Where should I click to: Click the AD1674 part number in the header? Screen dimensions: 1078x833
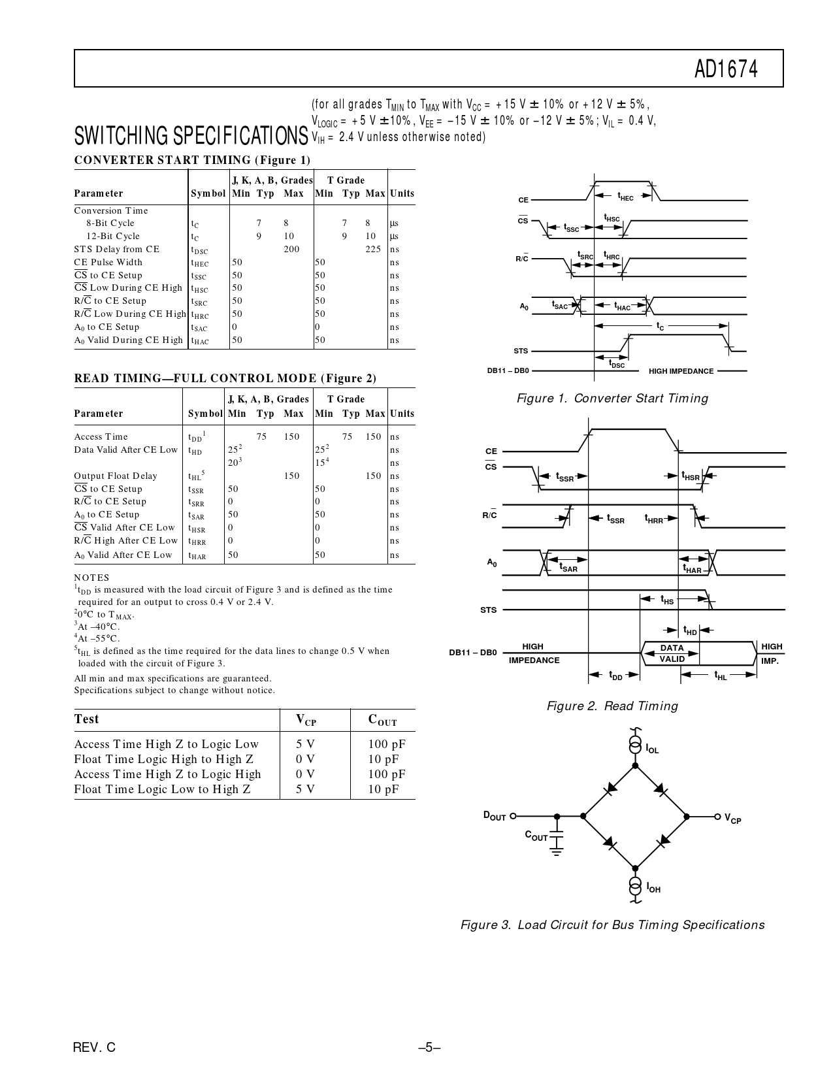726,69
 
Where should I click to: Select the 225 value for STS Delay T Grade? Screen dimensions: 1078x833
372,249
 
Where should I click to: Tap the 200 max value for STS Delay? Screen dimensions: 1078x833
291,249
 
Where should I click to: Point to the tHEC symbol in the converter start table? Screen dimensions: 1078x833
199,263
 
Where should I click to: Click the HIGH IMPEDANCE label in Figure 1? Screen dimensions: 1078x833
681,371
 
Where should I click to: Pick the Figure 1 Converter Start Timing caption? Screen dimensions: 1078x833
612,399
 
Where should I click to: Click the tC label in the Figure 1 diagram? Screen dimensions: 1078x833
660,326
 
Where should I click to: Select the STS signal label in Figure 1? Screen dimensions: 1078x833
521,351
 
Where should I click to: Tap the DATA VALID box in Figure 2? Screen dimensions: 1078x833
672,653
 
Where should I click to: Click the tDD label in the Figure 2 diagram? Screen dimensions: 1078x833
615,676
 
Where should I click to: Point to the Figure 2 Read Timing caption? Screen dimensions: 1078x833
612,706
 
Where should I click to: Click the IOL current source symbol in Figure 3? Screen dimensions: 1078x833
634,744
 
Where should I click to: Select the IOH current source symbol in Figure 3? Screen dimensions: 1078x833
634,886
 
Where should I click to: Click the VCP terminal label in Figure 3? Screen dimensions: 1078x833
733,818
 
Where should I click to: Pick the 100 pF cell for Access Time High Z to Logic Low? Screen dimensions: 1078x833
387,744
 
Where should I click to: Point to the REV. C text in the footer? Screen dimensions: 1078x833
95,1047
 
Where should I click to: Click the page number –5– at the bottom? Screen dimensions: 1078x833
429,1047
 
